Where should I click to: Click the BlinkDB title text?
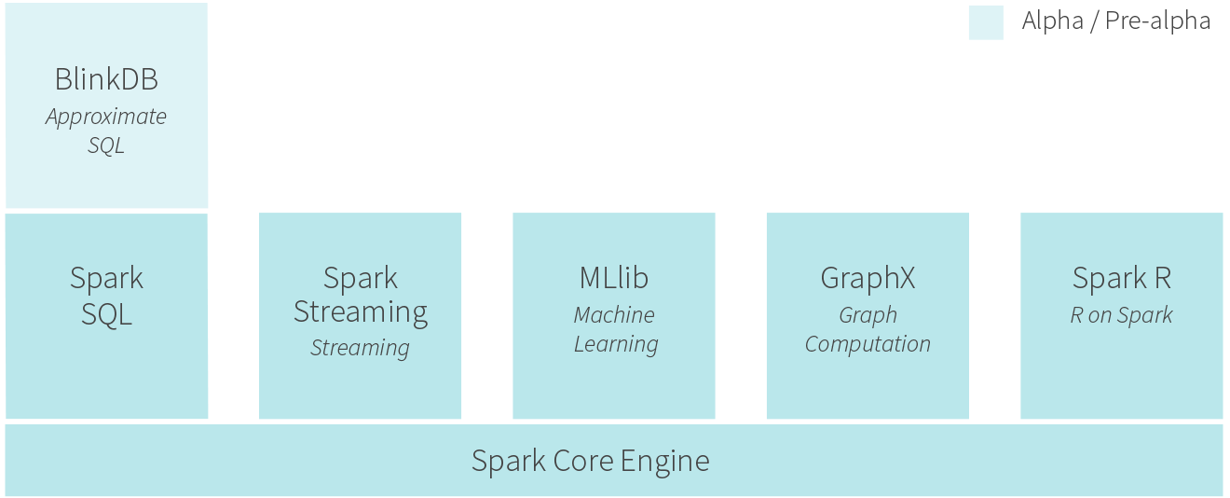pos(106,79)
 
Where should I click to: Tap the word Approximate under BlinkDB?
pos(106,118)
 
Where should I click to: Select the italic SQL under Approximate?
pos(106,145)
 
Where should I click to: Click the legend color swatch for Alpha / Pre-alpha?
pos(986,22)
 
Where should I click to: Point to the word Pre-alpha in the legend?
pos(1157,21)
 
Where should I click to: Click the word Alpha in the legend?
pos(1053,21)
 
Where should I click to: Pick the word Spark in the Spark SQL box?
pos(106,278)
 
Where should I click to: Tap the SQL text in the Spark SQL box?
pos(106,315)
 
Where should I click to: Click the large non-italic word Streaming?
pos(361,312)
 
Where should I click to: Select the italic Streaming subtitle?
pos(361,348)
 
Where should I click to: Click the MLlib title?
pos(614,278)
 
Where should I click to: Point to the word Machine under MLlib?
pos(614,315)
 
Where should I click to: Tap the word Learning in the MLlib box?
pos(616,345)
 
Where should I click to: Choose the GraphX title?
pos(868,278)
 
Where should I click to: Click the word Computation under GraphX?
pos(868,345)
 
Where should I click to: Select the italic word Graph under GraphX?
pos(868,315)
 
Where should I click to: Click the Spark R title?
pos(1122,278)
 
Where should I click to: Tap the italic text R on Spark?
pos(1121,315)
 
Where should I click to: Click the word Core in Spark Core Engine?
pos(583,461)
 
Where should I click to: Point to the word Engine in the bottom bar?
pos(665,462)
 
